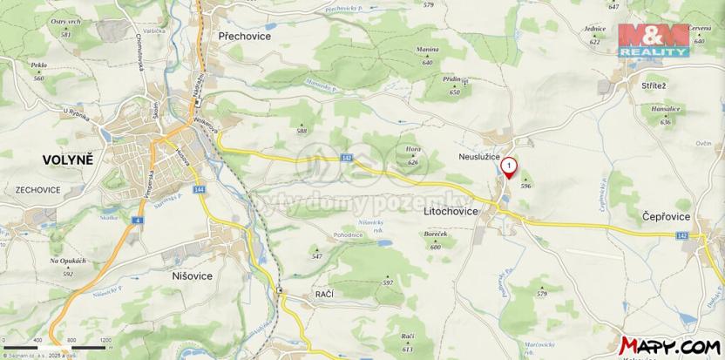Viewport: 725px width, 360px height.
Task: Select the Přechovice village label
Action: (243, 37)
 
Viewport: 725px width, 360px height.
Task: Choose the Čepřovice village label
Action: (667, 215)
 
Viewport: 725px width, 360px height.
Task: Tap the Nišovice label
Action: (186, 275)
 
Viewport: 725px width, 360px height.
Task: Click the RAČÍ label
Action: (324, 296)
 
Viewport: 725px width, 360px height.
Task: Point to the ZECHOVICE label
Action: (37, 189)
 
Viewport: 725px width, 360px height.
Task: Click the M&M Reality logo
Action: (654, 40)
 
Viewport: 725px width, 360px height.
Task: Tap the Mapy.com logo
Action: (671, 345)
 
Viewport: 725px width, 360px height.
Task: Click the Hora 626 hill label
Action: (413, 155)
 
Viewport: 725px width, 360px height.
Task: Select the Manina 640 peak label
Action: (427, 56)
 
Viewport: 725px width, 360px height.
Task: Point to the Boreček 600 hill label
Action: (436, 241)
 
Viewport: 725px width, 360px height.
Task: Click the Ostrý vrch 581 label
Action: (66, 26)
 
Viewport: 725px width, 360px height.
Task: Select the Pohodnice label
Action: (348, 235)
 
